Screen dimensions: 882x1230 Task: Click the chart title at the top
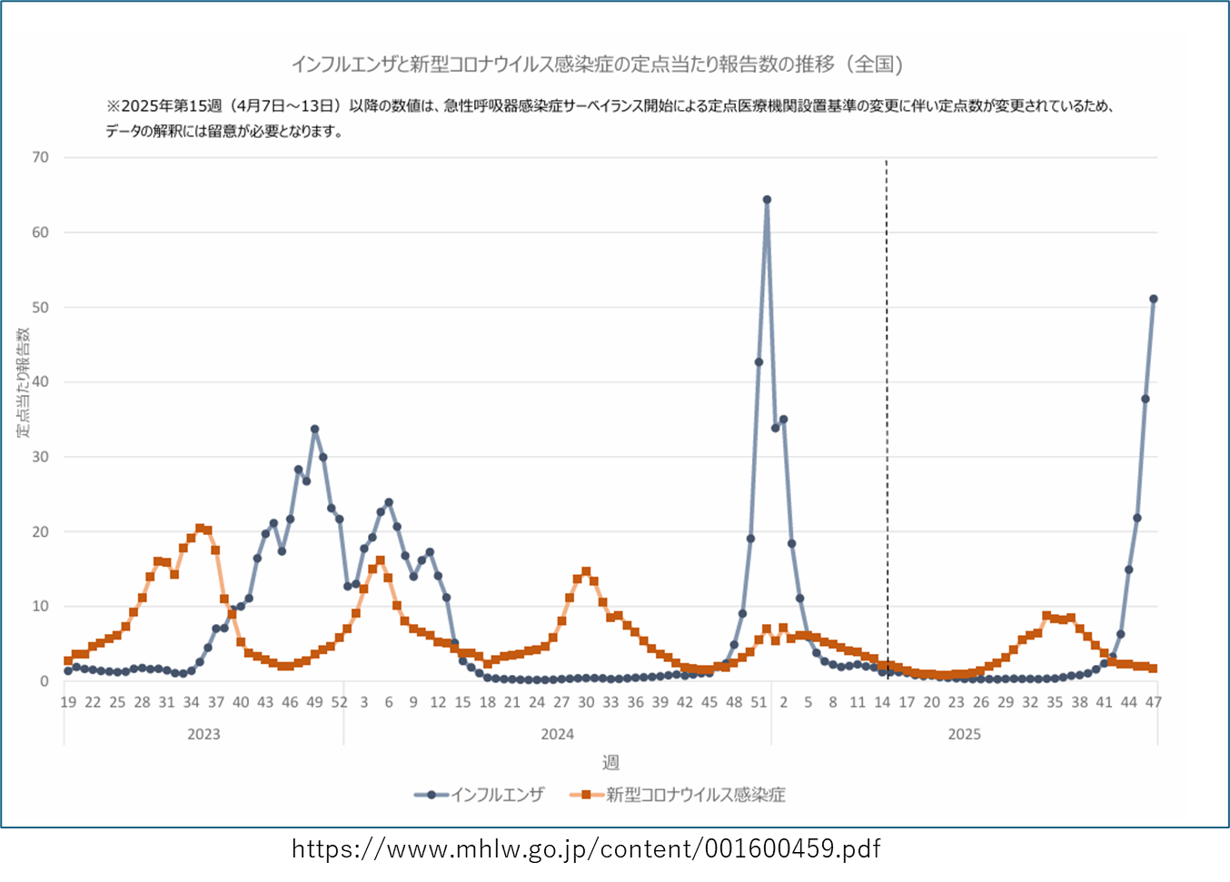tap(597, 64)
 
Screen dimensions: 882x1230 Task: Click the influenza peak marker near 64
tap(767, 200)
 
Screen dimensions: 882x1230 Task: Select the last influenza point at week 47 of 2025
tap(1154, 299)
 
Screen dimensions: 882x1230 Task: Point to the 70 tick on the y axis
tap(40, 157)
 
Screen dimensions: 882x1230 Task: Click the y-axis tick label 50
tap(40, 307)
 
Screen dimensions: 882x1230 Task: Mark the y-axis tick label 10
tap(40, 607)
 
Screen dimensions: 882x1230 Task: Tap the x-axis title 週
tap(610, 762)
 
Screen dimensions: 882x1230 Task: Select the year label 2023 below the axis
tap(203, 734)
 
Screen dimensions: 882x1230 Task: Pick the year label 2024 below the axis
tap(557, 734)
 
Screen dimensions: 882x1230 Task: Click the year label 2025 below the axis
tap(964, 734)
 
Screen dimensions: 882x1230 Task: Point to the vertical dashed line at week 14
tap(887, 409)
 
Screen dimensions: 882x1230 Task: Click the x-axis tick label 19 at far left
tap(68, 702)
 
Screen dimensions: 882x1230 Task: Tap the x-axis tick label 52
tap(339, 702)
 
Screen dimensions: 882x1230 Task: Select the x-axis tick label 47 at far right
tap(1153, 702)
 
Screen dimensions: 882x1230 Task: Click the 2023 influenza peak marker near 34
tap(314, 429)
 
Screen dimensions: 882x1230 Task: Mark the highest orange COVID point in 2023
tap(200, 528)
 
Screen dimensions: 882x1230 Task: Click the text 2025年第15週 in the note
tap(173, 106)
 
